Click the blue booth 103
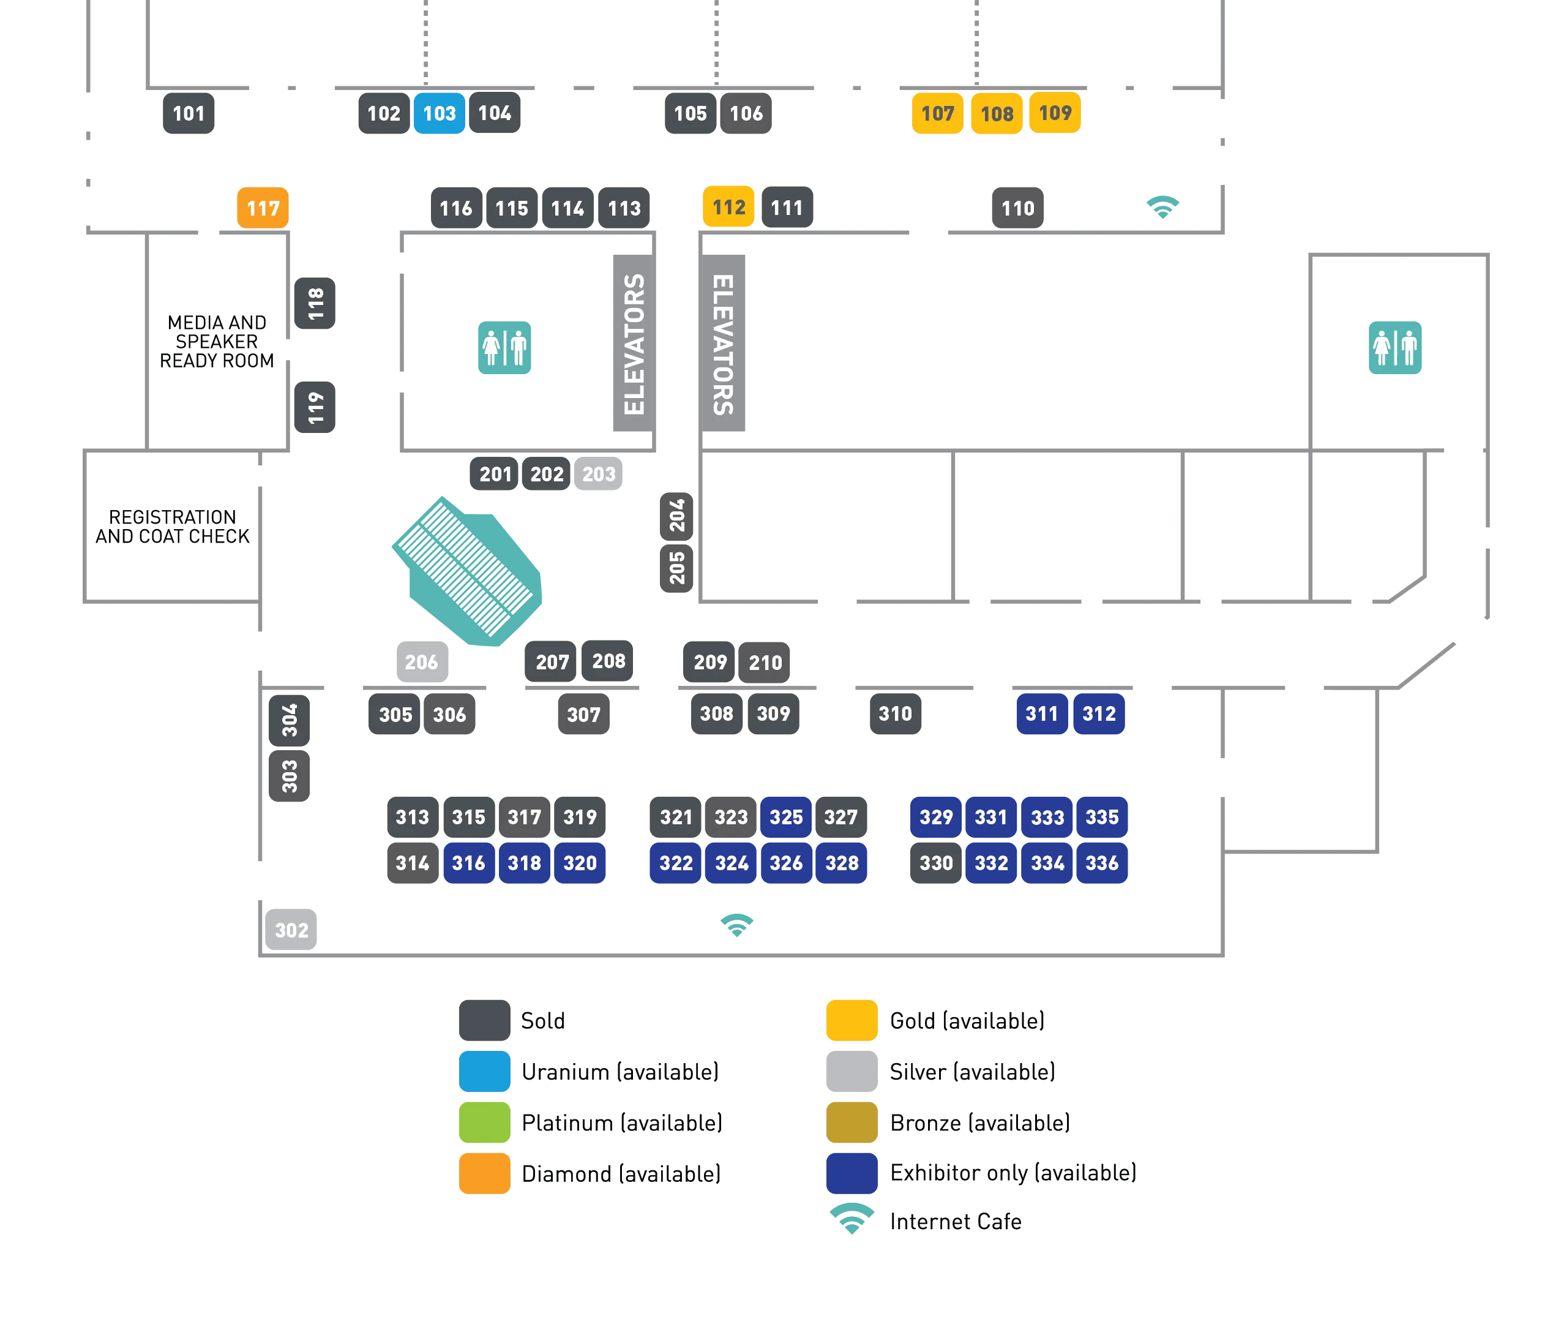(439, 113)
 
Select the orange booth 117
(263, 208)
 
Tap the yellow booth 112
(728, 206)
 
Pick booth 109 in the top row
(1055, 113)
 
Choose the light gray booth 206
(422, 661)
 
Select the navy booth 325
(785, 816)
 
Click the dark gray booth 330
(935, 862)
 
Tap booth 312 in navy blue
(1099, 713)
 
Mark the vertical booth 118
(315, 303)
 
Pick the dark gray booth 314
(412, 862)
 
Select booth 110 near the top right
(1017, 208)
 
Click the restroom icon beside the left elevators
(504, 347)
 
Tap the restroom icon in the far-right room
(1394, 347)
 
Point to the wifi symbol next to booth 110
(1162, 205)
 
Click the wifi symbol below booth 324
(736, 924)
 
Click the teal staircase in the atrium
(468, 570)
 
